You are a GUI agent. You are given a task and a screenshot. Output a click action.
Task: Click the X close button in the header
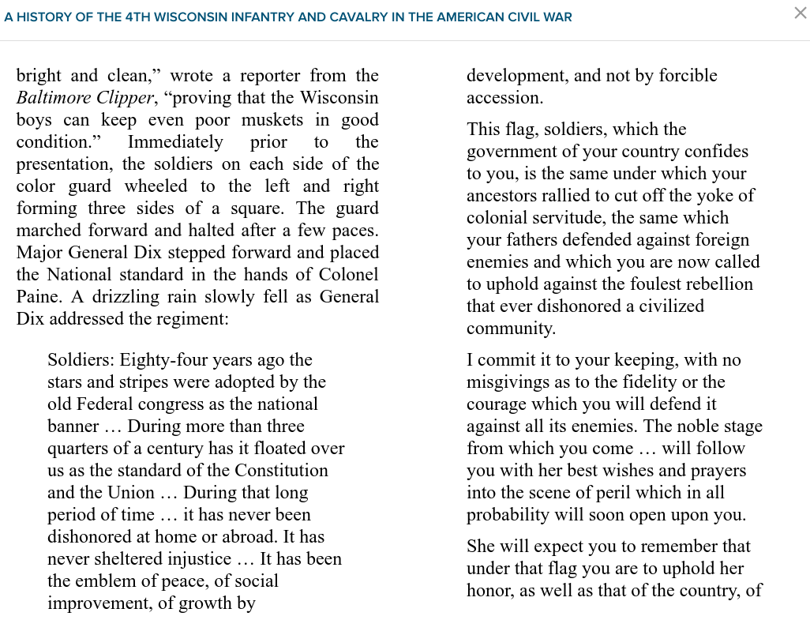(x=800, y=13)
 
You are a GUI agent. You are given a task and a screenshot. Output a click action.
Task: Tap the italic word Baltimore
(x=52, y=98)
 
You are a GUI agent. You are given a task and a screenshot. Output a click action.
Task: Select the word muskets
(x=271, y=120)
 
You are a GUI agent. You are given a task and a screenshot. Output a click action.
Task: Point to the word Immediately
(x=175, y=142)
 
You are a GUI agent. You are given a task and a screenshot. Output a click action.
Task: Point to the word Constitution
(x=281, y=471)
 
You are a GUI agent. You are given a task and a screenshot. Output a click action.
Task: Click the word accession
(x=504, y=98)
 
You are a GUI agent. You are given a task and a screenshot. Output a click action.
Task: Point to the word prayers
(x=718, y=471)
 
